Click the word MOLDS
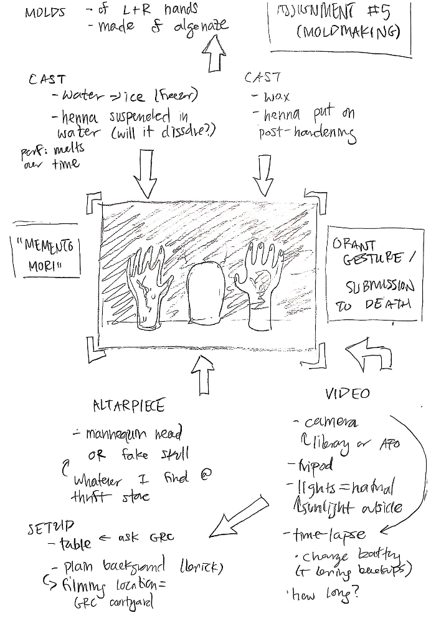(44, 12)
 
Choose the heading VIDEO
(348, 394)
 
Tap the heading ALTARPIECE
(128, 406)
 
